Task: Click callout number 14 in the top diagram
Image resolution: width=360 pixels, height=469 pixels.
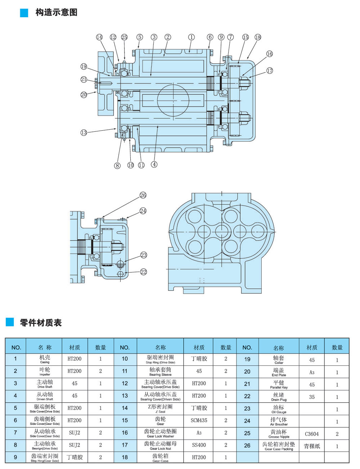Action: pos(99,37)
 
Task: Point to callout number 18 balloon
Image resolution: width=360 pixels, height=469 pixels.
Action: pos(257,37)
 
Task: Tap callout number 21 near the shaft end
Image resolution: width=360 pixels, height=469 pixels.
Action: pos(84,80)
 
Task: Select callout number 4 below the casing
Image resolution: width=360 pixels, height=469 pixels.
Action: pos(154,164)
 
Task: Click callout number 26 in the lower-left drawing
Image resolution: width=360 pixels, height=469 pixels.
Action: pos(143,195)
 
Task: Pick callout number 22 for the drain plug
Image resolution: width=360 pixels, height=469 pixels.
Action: pos(143,272)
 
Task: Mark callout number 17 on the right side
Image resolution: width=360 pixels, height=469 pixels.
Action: pos(270,71)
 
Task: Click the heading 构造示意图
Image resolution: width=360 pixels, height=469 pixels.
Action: pos(56,13)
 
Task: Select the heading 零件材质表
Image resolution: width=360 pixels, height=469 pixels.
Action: pos(41,323)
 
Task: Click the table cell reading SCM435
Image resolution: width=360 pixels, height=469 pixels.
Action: pos(199,420)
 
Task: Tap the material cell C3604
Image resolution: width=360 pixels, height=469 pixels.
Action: pos(312,434)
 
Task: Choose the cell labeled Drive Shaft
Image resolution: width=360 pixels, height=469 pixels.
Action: pos(45,384)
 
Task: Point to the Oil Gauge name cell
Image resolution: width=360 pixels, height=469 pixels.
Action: pos(279,409)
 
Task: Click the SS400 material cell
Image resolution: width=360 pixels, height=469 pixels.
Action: pos(199,445)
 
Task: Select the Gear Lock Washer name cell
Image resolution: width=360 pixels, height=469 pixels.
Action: pos(160,433)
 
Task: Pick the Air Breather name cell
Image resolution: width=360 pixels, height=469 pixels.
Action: pos(279,421)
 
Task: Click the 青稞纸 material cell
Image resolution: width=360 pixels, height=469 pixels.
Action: pos(312,446)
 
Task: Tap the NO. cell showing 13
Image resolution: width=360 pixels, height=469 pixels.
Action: pos(125,396)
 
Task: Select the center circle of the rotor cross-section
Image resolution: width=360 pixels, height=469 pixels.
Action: pos(221,230)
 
